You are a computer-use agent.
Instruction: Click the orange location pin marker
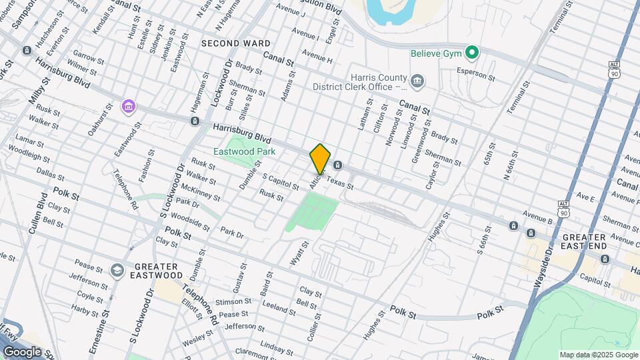tap(320, 158)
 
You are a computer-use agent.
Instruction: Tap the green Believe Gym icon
tap(473, 52)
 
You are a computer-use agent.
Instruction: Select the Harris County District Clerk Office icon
tap(417, 81)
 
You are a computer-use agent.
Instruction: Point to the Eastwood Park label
tap(244, 151)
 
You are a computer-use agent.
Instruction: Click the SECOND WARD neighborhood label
tap(227, 43)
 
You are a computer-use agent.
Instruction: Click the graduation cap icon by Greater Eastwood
tap(117, 269)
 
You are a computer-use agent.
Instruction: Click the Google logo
tap(22, 351)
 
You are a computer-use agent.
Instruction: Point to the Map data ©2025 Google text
tap(598, 355)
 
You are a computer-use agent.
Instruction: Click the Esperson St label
tap(475, 73)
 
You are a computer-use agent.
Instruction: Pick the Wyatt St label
tap(300, 254)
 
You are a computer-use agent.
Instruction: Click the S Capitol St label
tap(281, 182)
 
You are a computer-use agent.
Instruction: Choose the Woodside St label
tap(191, 223)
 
